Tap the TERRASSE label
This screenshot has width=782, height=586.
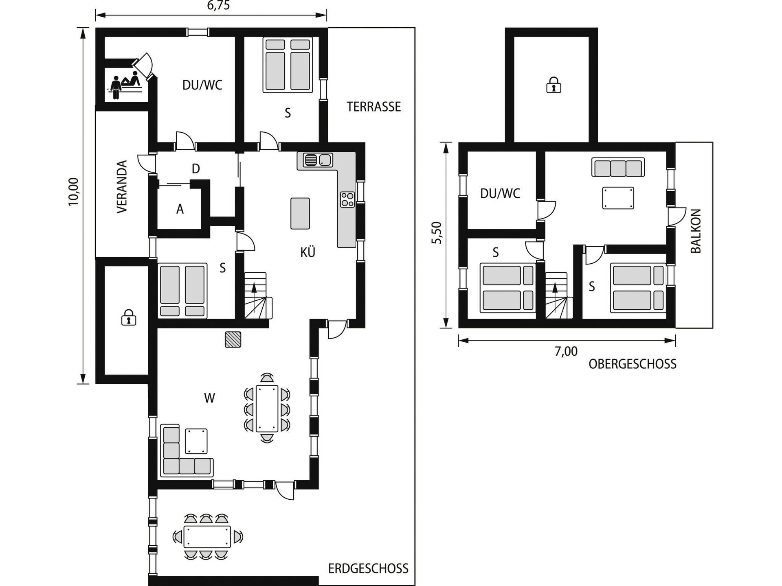374,107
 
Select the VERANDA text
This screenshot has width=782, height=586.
122,187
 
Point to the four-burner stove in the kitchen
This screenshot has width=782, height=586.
347,199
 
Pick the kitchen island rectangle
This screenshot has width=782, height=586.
300,213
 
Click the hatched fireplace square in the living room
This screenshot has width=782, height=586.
233,339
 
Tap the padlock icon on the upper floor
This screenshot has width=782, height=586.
553,85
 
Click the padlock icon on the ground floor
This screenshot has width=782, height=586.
128,317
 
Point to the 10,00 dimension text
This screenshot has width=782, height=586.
73,192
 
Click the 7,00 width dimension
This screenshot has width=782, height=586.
566,351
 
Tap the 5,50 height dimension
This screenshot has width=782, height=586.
436,233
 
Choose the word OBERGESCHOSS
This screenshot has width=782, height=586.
633,364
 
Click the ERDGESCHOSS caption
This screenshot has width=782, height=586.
368,569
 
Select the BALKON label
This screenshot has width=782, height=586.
696,231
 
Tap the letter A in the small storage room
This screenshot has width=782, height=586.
180,209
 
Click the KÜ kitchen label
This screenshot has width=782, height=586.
308,252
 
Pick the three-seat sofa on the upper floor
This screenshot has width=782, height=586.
618,167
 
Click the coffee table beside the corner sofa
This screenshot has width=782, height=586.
196,441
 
